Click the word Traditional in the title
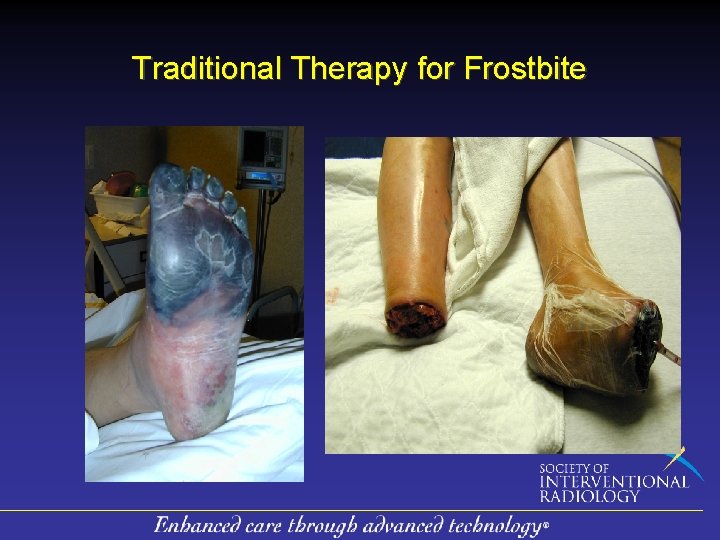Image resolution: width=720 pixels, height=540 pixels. click(x=207, y=69)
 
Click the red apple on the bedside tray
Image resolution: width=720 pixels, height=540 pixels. click(x=120, y=184)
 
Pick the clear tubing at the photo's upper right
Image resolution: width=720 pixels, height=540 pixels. click(x=640, y=160)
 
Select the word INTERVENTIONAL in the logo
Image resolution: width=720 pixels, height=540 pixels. click(x=613, y=482)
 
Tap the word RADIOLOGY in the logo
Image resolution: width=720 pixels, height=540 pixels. click(x=590, y=495)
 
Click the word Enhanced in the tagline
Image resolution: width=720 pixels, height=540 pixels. click(x=194, y=525)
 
